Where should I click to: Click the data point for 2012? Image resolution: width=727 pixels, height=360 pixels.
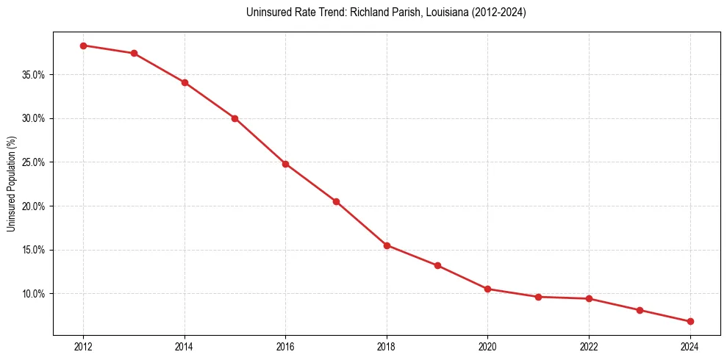pyautogui.click(x=83, y=46)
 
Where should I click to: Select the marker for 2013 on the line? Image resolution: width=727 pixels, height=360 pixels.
pyautogui.click(x=134, y=54)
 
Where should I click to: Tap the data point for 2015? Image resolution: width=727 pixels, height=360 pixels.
pyautogui.click(x=234, y=118)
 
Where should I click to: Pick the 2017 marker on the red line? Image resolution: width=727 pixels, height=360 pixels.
pyautogui.click(x=336, y=201)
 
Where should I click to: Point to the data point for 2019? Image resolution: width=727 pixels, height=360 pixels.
pyautogui.click(x=437, y=265)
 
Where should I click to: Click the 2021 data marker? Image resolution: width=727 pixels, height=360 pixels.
pyautogui.click(x=538, y=297)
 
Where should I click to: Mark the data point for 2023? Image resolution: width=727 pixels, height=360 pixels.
pyautogui.click(x=640, y=310)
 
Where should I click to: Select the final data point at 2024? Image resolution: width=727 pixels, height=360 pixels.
pyautogui.click(x=690, y=322)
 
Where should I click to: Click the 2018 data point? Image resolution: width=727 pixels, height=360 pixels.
pyautogui.click(x=387, y=245)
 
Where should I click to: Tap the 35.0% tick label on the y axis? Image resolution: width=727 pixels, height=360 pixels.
pyautogui.click(x=34, y=75)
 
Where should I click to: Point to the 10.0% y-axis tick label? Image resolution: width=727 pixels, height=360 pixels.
pyautogui.click(x=34, y=294)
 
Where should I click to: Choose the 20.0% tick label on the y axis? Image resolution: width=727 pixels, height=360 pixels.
pyautogui.click(x=34, y=206)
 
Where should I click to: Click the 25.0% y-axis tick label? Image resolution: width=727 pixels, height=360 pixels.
pyautogui.click(x=34, y=162)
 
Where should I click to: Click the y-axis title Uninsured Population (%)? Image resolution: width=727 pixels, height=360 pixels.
pyautogui.click(x=11, y=184)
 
